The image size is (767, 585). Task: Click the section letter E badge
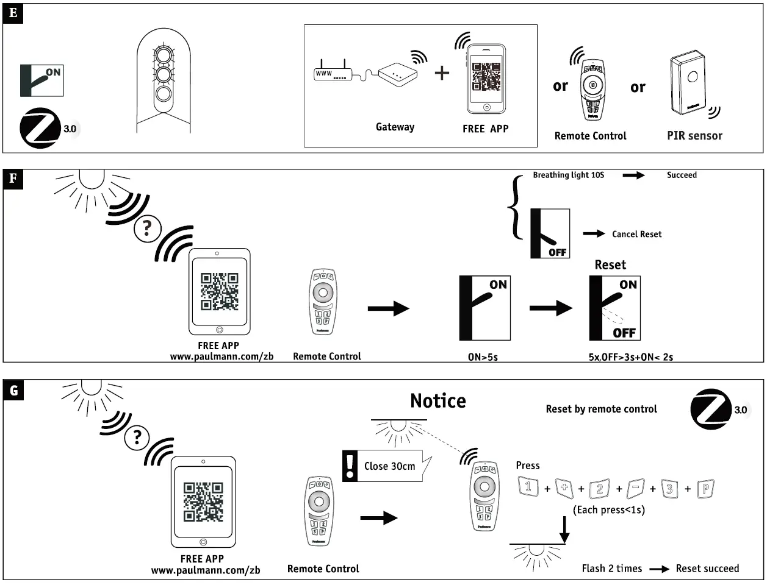tap(13, 13)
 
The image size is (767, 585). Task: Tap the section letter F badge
tap(13, 179)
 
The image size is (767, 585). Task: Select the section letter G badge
tap(13, 390)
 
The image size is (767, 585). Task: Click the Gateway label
tap(395, 127)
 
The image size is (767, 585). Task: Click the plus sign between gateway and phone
tap(442, 73)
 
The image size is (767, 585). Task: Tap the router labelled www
tap(331, 74)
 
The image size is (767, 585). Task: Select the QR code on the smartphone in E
tap(486, 77)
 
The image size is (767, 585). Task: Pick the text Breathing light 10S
tap(568, 175)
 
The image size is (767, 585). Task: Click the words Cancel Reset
tap(636, 234)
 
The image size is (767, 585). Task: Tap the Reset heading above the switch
tap(610, 265)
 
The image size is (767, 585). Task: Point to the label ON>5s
tap(483, 357)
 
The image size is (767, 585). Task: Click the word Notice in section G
tap(438, 401)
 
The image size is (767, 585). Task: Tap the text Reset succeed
tap(707, 569)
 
